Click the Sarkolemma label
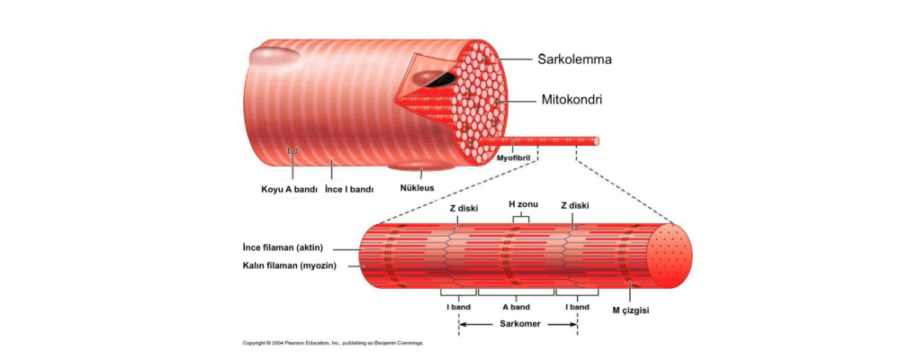tap(575, 60)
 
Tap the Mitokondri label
tap(571, 100)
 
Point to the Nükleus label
tap(417, 188)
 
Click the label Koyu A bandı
tap(283, 189)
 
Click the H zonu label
tap(523, 204)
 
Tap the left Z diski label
tap(463, 207)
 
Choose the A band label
tap(517, 307)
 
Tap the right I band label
tap(576, 307)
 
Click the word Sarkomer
tap(517, 324)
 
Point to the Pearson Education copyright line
tap(333, 343)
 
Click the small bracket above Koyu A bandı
tap(292, 150)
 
